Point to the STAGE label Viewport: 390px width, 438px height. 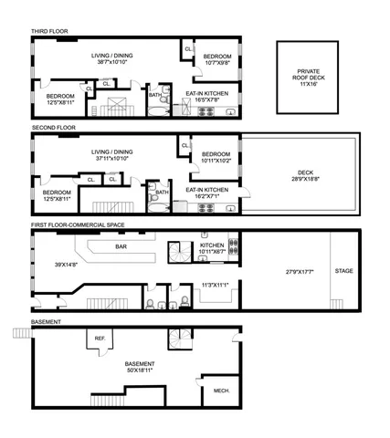[343, 271]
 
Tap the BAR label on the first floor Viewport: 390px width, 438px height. [121, 246]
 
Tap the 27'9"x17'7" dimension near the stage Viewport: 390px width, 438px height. [280, 271]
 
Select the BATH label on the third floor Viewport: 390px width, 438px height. [155, 95]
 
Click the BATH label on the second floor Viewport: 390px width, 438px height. [162, 192]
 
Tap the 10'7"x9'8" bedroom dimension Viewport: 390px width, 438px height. [215, 64]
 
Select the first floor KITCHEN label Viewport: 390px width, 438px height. [212, 245]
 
